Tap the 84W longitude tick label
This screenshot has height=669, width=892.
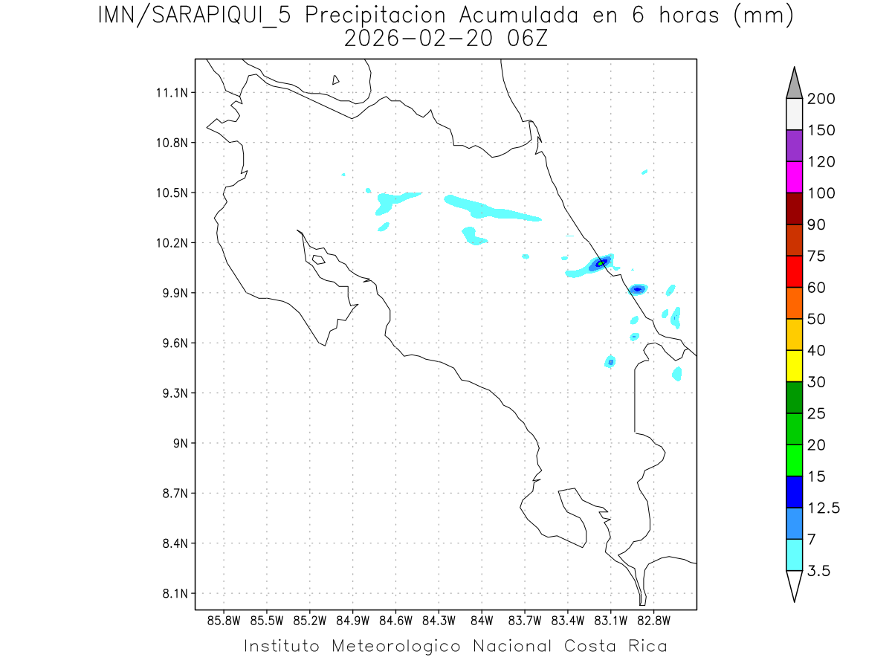482,620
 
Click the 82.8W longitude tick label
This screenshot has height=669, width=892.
653,620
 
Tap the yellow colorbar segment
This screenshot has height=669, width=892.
794,366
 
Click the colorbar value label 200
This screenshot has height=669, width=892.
821,99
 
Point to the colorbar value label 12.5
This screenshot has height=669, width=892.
824,508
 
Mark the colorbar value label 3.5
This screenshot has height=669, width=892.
819,571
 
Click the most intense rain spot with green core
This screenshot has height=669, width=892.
601,262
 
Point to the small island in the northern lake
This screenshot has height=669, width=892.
336,80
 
